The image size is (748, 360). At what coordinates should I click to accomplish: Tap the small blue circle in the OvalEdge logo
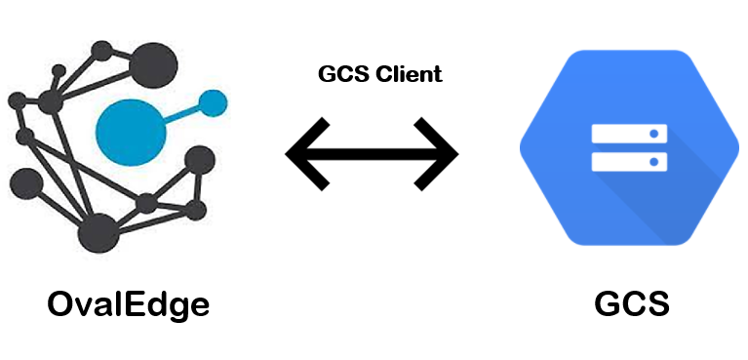(x=213, y=101)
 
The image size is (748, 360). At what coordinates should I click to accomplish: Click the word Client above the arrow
(x=407, y=74)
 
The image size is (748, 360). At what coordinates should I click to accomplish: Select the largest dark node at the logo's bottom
(x=98, y=234)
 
